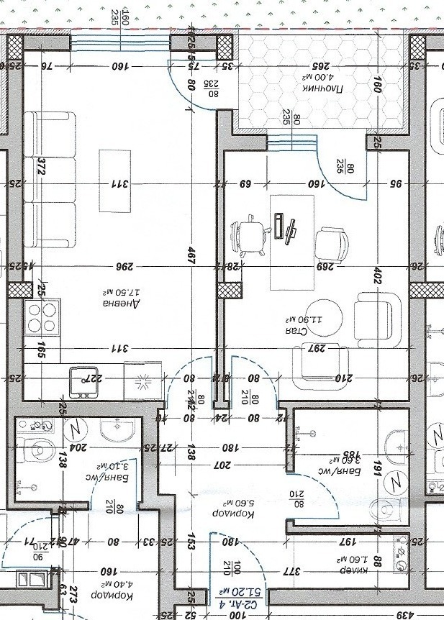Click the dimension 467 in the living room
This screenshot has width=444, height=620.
click(191, 260)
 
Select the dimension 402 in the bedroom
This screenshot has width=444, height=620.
click(376, 275)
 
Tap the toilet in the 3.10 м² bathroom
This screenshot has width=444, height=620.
click(37, 450)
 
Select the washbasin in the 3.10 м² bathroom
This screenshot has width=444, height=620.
click(117, 430)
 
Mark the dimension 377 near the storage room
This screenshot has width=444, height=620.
click(290, 573)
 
